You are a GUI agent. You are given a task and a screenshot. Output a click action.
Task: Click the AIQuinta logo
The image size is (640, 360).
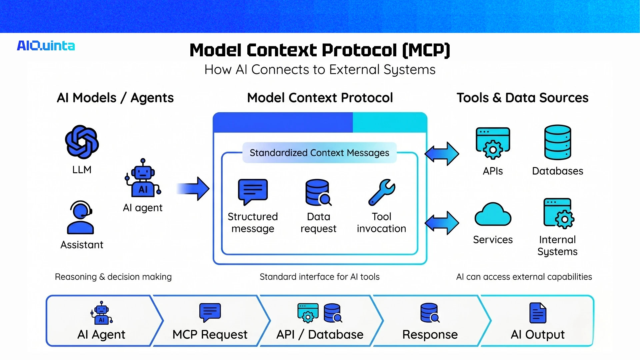tap(46, 46)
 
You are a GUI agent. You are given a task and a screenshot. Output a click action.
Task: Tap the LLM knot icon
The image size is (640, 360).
tap(82, 142)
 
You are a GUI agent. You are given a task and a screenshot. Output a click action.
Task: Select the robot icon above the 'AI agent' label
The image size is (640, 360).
tap(143, 178)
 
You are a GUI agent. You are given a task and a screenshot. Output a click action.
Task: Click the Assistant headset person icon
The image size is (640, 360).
tap(80, 217)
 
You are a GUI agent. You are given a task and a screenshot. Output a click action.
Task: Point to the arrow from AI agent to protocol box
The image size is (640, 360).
tap(193, 189)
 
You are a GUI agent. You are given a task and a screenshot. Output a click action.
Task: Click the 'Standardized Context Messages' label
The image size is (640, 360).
tap(319, 153)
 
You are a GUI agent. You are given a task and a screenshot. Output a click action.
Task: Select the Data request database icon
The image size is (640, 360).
tap(318, 193)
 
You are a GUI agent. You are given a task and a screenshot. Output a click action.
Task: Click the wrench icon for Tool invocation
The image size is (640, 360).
tap(382, 192)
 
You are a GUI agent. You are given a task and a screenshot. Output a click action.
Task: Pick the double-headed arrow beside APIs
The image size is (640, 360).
tap(442, 154)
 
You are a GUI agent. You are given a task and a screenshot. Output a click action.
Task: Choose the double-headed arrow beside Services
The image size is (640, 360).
tap(442, 223)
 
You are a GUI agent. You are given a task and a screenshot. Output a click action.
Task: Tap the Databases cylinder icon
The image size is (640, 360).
tap(557, 142)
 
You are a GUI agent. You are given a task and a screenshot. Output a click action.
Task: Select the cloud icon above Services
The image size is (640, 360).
tap(493, 214)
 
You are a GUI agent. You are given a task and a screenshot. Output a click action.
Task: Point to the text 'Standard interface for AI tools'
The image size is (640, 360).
tap(319, 277)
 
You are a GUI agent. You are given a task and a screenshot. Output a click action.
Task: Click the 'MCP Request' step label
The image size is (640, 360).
tap(210, 334)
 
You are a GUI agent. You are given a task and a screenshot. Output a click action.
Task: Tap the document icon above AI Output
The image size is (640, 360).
tap(538, 313)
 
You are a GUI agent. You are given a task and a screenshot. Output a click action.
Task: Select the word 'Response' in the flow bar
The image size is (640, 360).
tap(430, 334)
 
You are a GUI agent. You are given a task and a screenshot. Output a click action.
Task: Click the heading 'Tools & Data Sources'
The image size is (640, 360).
tap(522, 98)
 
